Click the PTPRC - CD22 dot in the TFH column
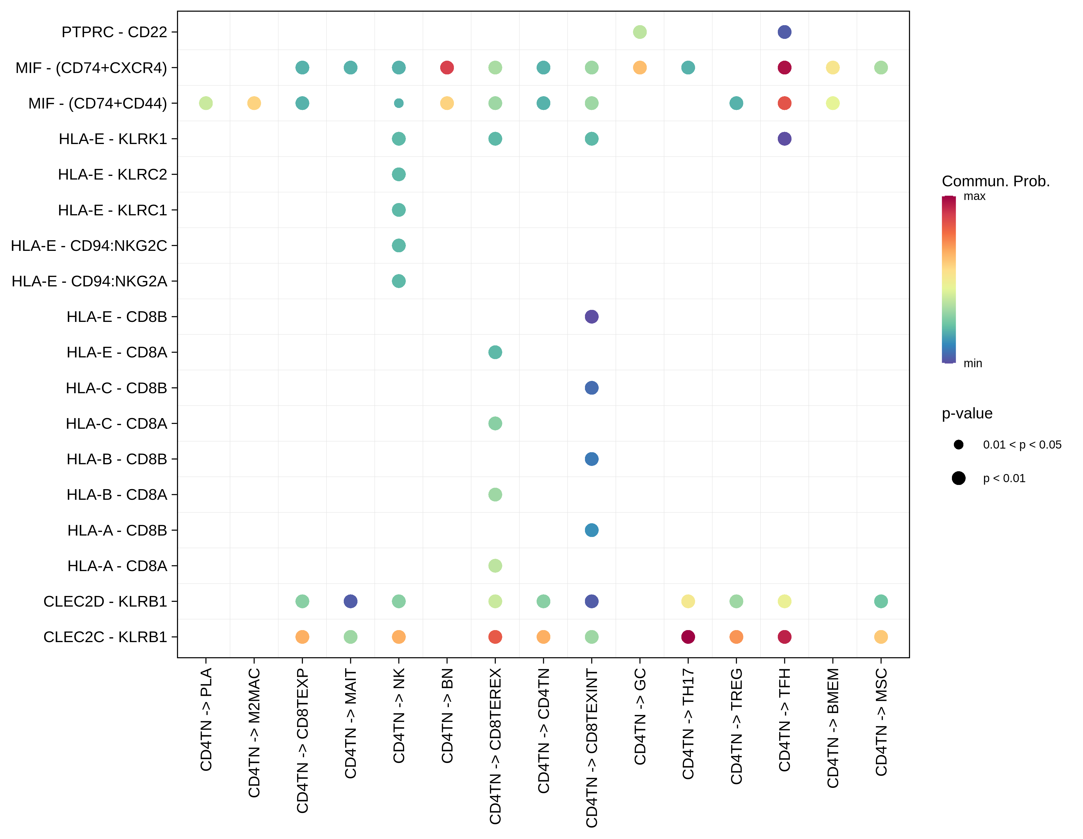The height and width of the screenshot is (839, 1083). point(784,32)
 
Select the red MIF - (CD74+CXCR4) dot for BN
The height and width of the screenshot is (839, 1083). point(447,67)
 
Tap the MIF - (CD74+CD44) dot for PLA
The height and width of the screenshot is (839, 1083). point(206,103)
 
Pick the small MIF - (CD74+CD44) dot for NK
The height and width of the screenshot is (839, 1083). point(399,103)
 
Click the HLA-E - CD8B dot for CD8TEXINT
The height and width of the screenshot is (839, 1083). point(592,317)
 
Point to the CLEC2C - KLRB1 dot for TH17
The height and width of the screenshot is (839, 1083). point(688,637)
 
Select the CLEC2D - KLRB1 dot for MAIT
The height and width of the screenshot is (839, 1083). point(350,601)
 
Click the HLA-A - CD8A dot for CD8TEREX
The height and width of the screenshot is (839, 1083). point(495,565)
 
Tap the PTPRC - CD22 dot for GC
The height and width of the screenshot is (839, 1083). point(640,32)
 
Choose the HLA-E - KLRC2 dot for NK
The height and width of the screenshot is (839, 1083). point(399,174)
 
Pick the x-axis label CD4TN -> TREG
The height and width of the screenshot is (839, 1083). point(736,726)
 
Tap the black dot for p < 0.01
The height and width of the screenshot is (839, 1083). point(959,478)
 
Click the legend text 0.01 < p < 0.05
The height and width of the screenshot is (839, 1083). point(1022,445)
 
